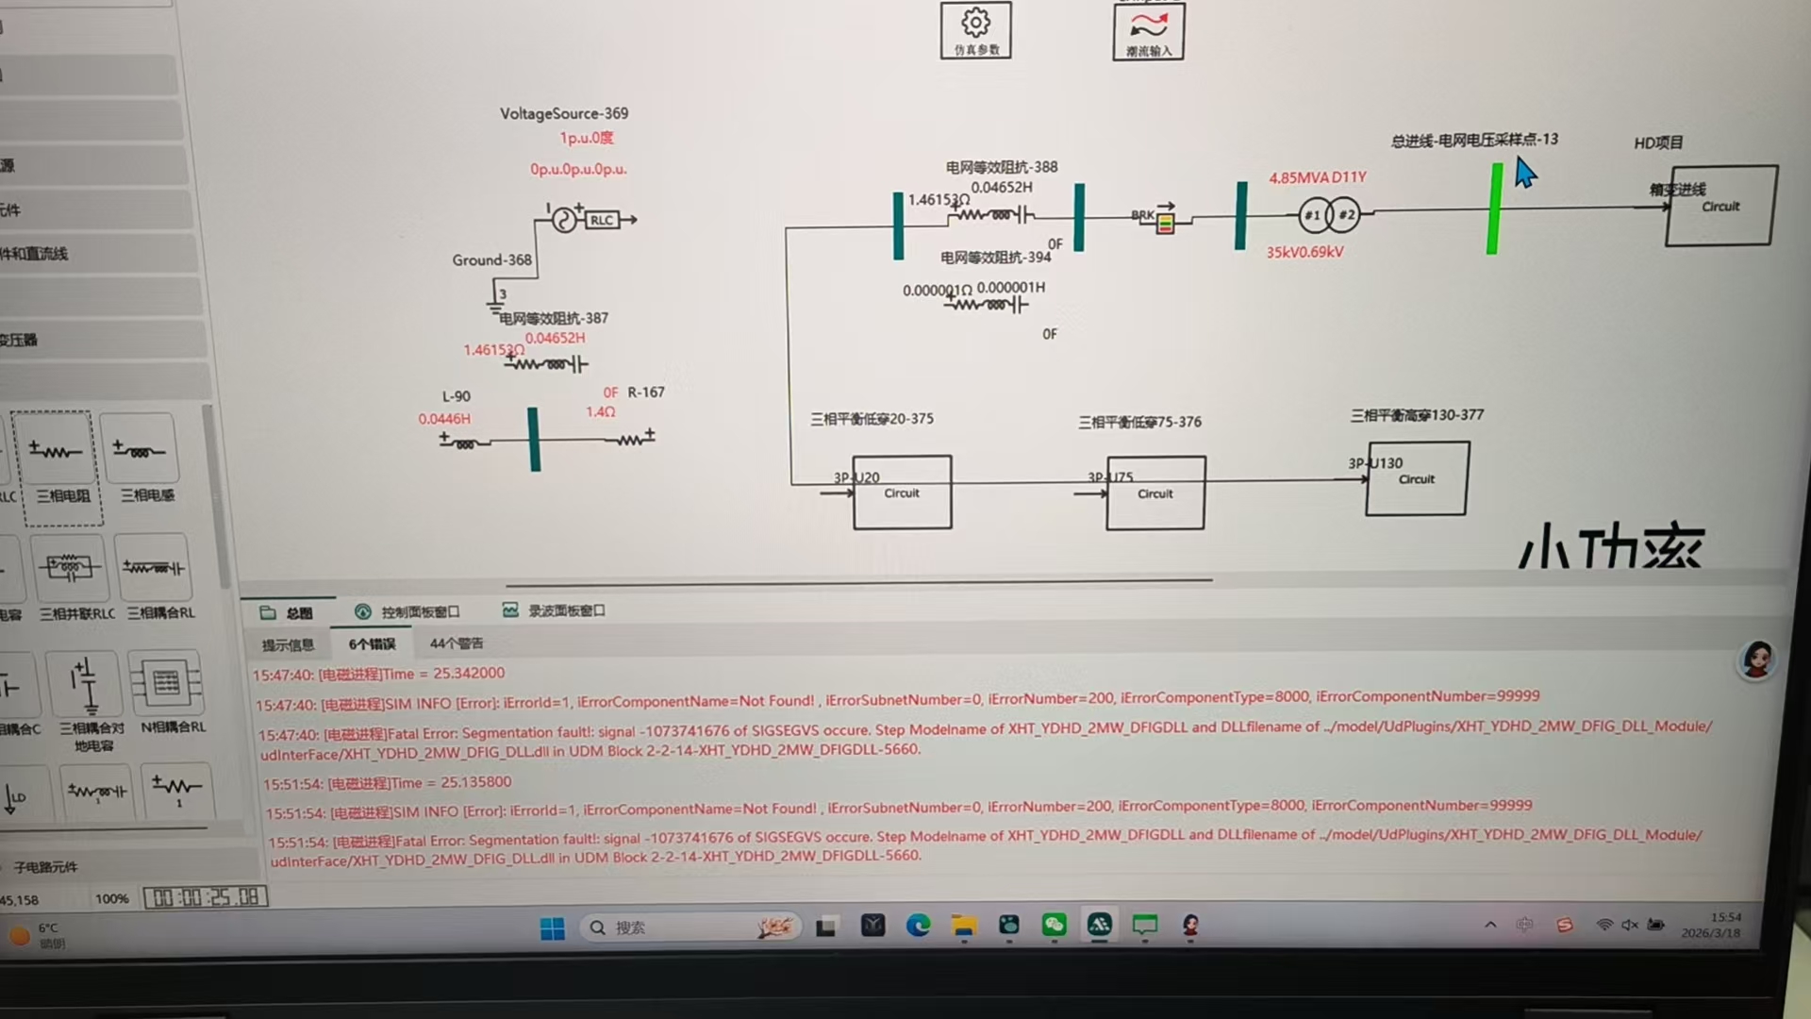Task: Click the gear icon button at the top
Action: [975, 30]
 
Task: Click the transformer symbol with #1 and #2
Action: [1329, 215]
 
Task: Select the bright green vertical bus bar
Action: [1494, 209]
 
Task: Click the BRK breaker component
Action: [1164, 221]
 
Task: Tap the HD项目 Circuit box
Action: [1720, 206]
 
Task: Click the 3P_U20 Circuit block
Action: [902, 493]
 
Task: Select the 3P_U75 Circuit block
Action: [1155, 493]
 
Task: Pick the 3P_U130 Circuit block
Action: [1416, 479]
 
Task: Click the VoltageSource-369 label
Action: [563, 113]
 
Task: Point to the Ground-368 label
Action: [491, 259]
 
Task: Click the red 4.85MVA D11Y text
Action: [1317, 177]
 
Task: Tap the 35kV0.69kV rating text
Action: [1304, 252]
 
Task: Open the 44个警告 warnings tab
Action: [456, 643]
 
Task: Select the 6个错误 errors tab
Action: [372, 644]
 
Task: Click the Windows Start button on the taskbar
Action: [552, 928]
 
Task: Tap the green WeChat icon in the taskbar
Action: [1054, 926]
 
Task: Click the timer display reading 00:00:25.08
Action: [206, 897]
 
